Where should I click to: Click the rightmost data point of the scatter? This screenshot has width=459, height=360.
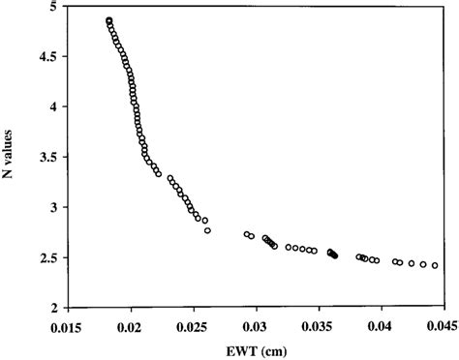pyautogui.click(x=435, y=265)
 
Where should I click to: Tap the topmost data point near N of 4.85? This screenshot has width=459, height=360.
pyautogui.click(x=109, y=20)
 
